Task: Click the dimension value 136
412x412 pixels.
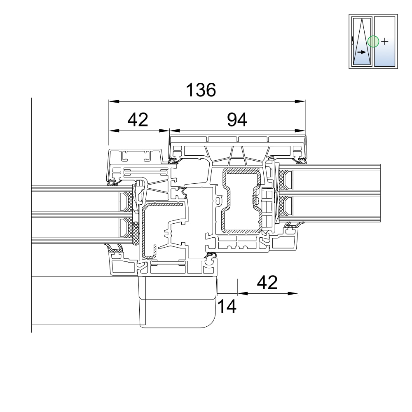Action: [x=201, y=90]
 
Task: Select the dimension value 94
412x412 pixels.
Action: [x=237, y=120]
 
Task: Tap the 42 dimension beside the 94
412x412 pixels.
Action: [x=138, y=120]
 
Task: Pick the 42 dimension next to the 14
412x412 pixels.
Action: [x=267, y=283]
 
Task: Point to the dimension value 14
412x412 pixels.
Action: [x=227, y=307]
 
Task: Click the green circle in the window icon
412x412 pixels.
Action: [x=373, y=42]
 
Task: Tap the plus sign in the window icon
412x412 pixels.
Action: [x=385, y=42]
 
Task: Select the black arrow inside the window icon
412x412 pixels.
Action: [x=362, y=52]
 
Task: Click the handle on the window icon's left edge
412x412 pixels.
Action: [x=353, y=42]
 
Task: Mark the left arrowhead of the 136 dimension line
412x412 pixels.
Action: [x=114, y=101]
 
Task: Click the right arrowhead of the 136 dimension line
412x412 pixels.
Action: [x=300, y=101]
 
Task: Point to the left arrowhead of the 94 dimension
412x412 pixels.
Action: [x=175, y=131]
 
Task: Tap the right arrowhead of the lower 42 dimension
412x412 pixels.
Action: [x=293, y=293]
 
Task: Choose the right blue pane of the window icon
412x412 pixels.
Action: [x=385, y=42]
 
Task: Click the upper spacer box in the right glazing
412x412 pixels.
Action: [x=289, y=180]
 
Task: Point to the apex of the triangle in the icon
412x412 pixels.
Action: [x=362, y=19]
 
